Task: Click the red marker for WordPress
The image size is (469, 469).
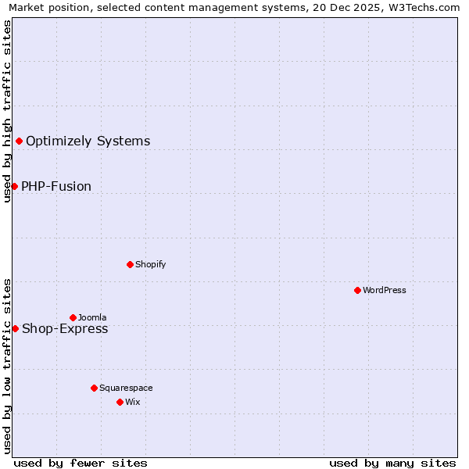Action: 357,290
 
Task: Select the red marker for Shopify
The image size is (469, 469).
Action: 130,264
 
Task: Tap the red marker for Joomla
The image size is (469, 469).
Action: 73,317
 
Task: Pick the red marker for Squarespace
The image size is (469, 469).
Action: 94,388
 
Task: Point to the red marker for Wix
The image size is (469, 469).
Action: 120,402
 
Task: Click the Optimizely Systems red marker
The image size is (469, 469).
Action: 19,141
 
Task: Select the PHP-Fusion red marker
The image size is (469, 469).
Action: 14,186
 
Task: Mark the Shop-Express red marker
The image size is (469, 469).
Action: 15,328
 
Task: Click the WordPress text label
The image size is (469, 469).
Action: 385,290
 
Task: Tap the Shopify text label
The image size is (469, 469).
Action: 151,264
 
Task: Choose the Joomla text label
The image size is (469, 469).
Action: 92,317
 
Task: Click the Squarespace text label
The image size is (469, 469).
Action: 126,388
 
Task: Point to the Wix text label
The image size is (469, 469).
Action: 132,402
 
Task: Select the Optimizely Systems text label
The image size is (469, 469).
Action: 88,141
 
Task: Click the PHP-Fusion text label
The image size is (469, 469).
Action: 56,187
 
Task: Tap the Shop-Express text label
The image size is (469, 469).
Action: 65,329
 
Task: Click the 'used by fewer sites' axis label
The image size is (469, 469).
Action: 81,463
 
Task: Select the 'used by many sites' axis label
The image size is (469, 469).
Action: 392,463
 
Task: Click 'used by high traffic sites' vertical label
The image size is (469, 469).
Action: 8,111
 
